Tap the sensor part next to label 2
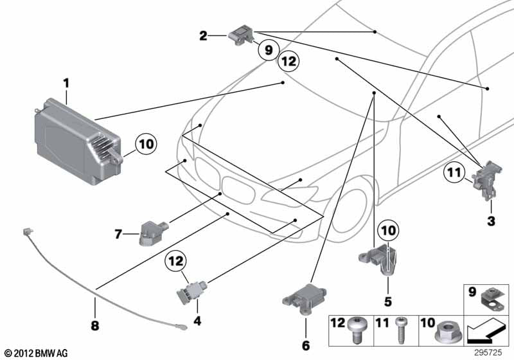241,33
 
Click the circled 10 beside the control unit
146,144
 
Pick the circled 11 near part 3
454,172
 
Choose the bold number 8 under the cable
95,326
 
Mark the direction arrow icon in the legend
486,332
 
